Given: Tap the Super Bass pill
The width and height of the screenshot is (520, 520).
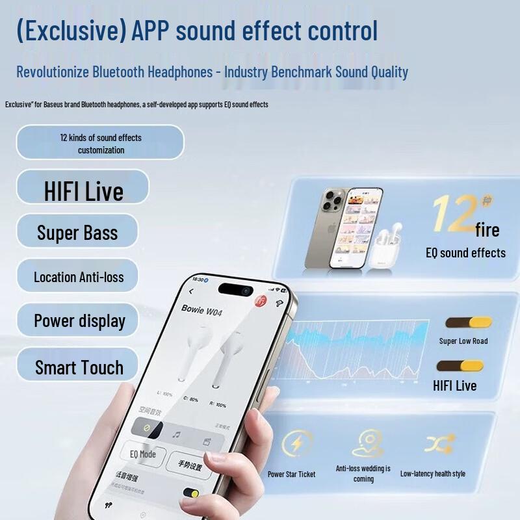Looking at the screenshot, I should pyautogui.click(x=77, y=232).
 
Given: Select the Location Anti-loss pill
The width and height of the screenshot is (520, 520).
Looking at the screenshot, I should pyautogui.click(x=79, y=276).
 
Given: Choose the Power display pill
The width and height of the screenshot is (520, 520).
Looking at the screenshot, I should pyautogui.click(x=79, y=320).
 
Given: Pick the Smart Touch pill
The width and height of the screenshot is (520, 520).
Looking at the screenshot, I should pyautogui.click(x=79, y=367).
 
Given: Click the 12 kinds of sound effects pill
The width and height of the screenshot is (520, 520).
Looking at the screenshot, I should pyautogui.click(x=100, y=143).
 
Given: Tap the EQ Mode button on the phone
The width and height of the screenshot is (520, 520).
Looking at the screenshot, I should pyautogui.click(x=143, y=454).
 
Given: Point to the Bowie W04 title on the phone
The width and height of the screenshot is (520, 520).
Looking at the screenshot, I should pyautogui.click(x=201, y=310).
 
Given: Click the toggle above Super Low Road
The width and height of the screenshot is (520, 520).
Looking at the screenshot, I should pyautogui.click(x=468, y=323).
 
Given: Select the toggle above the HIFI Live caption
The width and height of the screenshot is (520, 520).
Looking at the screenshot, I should pyautogui.click(x=460, y=366).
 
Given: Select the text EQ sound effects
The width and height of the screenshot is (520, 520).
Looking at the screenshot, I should pyautogui.click(x=465, y=253).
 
